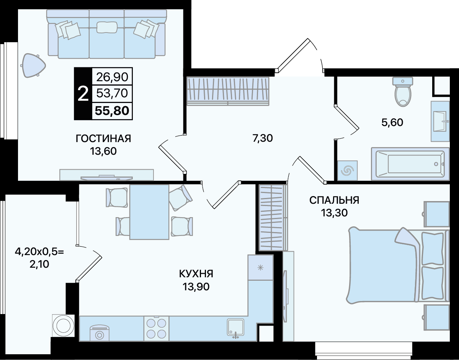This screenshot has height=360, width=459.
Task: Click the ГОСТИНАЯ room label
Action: pyautogui.click(x=103, y=138)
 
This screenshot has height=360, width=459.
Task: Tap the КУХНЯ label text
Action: pyautogui.click(x=196, y=274)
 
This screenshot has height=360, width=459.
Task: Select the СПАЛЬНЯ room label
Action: pyautogui.click(x=334, y=200)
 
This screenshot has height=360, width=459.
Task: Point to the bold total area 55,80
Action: pyautogui.click(x=112, y=111)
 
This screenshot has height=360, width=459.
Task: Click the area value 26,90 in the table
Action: pyautogui.click(x=113, y=77)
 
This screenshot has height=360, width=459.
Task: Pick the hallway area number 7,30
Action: pyautogui.click(x=263, y=137)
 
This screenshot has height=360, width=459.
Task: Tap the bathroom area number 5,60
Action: pyautogui.click(x=392, y=122)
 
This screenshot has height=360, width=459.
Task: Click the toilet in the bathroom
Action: pyautogui.click(x=403, y=92)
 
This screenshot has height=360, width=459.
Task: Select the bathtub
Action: pyautogui.click(x=410, y=164)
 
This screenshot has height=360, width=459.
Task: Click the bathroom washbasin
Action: pyautogui.click(x=440, y=121)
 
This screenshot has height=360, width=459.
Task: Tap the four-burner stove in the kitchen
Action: pyautogui.click(x=156, y=328)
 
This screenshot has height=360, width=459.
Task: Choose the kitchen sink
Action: pyautogui.click(x=236, y=328)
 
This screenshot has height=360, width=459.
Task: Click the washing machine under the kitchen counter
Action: pyautogui.click(x=99, y=332)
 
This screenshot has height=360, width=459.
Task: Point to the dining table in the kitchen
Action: pyautogui.click(x=149, y=212)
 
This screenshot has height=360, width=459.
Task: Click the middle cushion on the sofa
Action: pyautogui.click(x=106, y=27)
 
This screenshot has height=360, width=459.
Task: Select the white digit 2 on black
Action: pyautogui.click(x=83, y=94)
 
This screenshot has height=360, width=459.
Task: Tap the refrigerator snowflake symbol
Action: pyautogui.click(x=260, y=267)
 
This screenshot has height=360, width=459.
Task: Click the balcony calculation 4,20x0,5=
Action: pyautogui.click(x=39, y=251)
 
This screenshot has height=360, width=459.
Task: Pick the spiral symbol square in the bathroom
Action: pyautogui.click(x=348, y=170)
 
